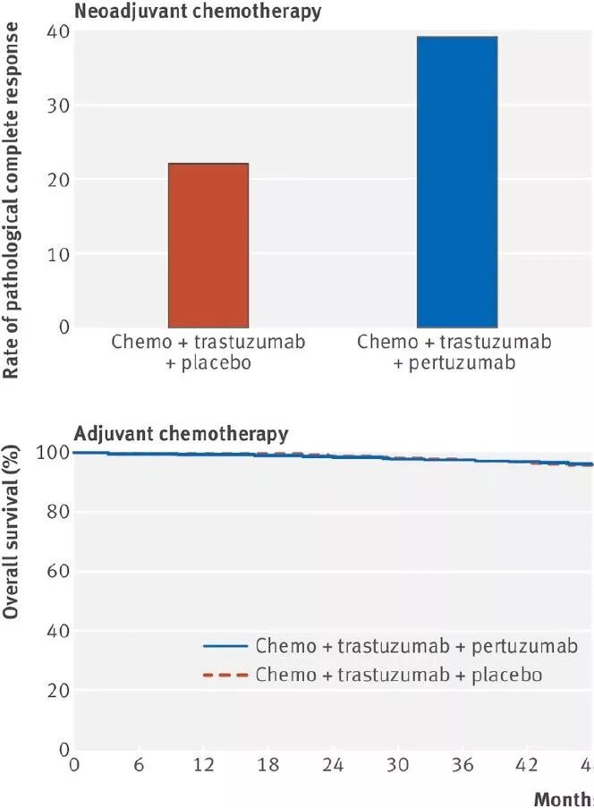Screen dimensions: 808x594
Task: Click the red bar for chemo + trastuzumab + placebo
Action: [208, 245]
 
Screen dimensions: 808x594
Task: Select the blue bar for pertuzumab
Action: [457, 183]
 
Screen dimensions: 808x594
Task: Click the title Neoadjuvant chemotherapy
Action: [199, 12]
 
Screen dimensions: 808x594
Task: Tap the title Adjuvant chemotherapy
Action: [182, 434]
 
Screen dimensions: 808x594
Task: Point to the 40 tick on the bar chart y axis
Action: [57, 32]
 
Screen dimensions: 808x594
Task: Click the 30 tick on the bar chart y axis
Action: [57, 106]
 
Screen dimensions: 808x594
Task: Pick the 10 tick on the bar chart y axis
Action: [57, 254]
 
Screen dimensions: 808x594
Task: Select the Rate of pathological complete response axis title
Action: [13, 201]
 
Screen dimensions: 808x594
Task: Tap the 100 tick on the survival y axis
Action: [53, 453]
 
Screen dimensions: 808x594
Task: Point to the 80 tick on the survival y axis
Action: [57, 512]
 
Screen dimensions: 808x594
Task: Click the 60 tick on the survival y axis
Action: [57, 571]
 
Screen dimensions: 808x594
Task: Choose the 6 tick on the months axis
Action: [139, 765]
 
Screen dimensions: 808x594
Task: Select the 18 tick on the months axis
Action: [268, 765]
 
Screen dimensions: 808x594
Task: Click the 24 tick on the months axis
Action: [334, 765]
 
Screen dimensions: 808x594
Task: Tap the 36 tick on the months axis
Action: [463, 765]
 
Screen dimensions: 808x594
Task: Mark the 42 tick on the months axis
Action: [529, 765]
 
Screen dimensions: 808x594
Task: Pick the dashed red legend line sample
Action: [226, 675]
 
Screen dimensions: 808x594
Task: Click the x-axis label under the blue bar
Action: [454, 352]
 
